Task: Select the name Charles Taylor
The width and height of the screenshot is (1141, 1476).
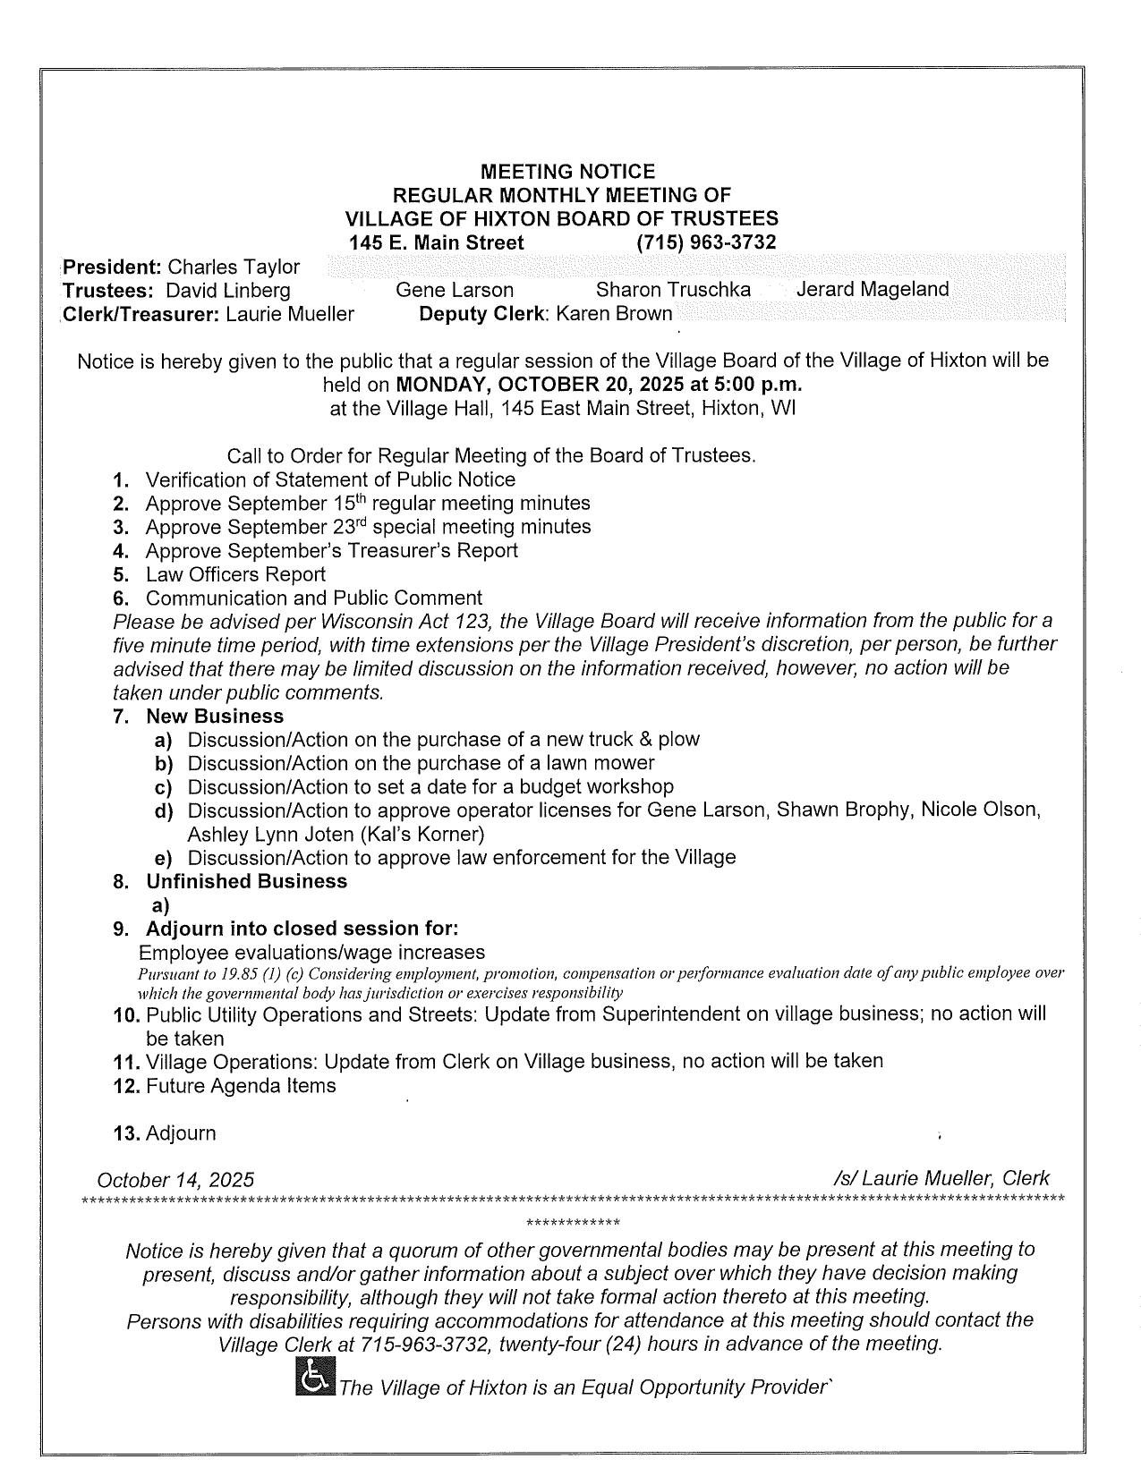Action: pos(234,267)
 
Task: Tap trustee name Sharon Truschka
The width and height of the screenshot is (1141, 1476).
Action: pos(673,290)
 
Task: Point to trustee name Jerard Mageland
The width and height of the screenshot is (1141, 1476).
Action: pos(873,290)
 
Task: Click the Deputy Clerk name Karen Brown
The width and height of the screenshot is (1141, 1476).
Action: pos(614,314)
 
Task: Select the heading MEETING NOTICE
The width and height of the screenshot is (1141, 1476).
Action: pos(567,171)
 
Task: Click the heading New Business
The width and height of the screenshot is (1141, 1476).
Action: pos(215,717)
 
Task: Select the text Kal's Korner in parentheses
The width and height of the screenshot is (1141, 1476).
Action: pos(423,835)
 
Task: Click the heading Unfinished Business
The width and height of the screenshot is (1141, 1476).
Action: pos(246,881)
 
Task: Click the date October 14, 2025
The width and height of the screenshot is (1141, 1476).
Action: pos(175,1180)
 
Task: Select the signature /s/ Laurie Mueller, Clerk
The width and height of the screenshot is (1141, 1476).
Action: pos(941,1178)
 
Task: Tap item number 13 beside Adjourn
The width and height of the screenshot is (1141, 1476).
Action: pos(127,1133)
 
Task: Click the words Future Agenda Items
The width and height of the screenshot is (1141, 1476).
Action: pos(241,1086)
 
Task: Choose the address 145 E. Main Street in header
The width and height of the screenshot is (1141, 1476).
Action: pos(437,242)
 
